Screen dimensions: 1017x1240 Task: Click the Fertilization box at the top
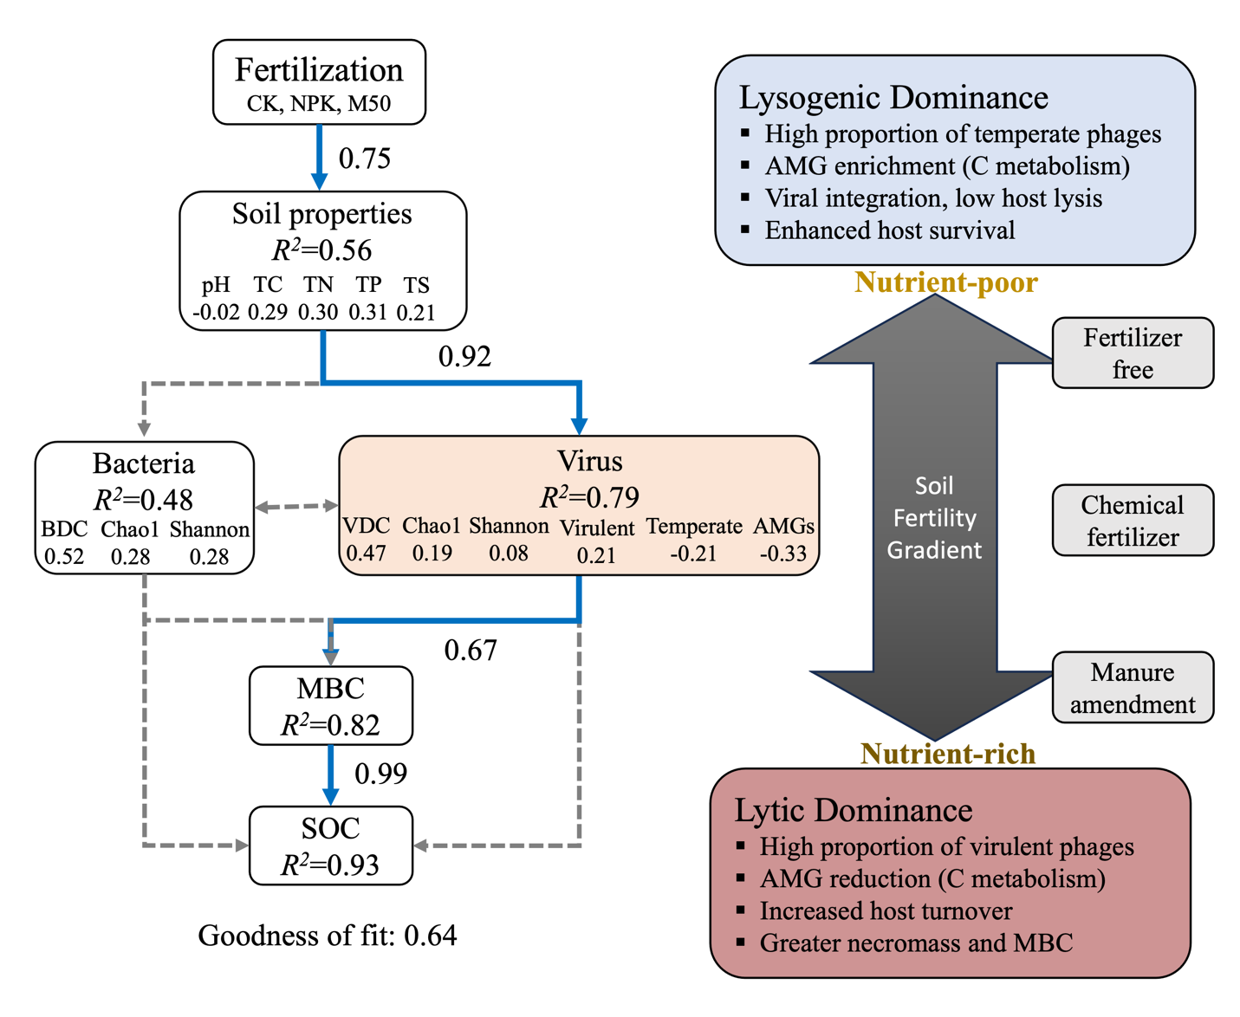coord(319,82)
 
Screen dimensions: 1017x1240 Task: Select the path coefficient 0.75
coord(365,159)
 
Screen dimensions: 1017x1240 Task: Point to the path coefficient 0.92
coord(464,356)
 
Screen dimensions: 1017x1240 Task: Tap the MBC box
coord(330,705)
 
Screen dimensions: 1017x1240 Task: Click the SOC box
coord(330,845)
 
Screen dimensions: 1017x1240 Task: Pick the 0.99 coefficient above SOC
coord(381,773)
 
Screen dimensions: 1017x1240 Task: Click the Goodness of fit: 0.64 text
coord(328,936)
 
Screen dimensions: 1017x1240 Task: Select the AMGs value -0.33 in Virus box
coord(783,554)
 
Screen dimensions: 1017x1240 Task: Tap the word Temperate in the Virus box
coord(694,526)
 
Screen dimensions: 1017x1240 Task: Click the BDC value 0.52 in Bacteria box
coord(64,556)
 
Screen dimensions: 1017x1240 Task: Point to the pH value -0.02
coord(216,313)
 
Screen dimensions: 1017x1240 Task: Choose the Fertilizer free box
coord(1133,353)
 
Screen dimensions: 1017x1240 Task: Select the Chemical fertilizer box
coord(1133,520)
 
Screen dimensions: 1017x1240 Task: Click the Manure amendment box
coord(1133,688)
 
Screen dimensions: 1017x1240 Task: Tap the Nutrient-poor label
coord(945,282)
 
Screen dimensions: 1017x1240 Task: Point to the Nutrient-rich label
coord(948,754)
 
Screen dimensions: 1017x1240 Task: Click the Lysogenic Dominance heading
coord(893,98)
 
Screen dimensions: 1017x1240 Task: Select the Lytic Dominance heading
coord(854,810)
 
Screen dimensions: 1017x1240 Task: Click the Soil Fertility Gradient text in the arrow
coord(934,517)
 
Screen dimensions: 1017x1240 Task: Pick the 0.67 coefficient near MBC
coord(471,650)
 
